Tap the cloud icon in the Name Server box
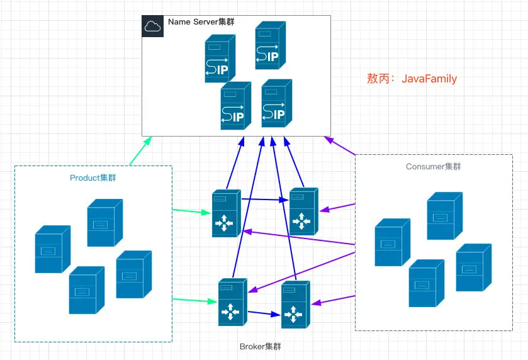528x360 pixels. [x=152, y=26]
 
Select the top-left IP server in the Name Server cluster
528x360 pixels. [x=220, y=59]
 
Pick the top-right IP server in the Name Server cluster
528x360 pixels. [x=271, y=45]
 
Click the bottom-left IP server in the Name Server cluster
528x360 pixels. [x=235, y=106]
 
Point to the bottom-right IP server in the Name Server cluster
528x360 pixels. [x=277, y=104]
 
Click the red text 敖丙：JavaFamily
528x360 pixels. [x=412, y=79]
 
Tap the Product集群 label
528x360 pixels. [x=93, y=178]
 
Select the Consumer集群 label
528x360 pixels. [x=434, y=167]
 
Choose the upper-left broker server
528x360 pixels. [x=227, y=213]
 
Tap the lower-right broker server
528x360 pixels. [x=296, y=305]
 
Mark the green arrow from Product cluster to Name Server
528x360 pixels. [x=141, y=150]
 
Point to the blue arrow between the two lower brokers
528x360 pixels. [x=263, y=313]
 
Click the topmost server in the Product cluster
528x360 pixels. [x=104, y=222]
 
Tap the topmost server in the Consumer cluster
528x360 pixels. [x=444, y=216]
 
